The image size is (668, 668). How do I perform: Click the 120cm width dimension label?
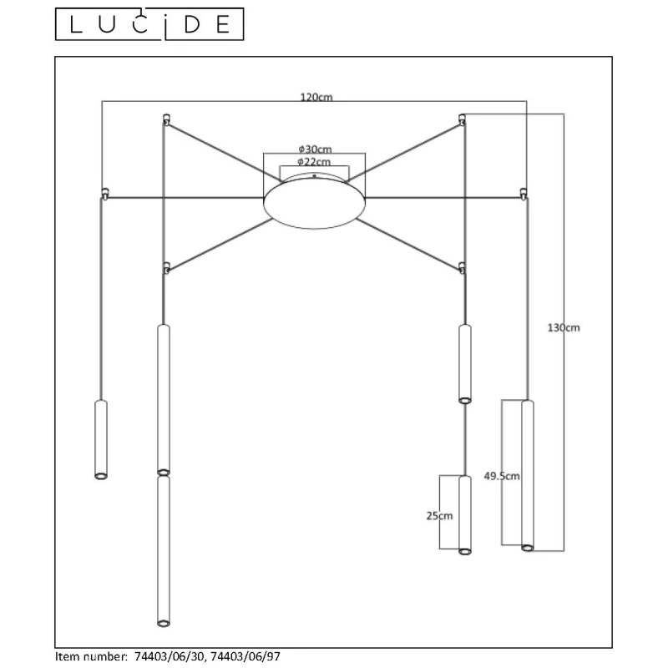click(x=316, y=97)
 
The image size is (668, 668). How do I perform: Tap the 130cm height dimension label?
click(x=564, y=327)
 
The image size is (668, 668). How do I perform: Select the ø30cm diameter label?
click(x=315, y=149)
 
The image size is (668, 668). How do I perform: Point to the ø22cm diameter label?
click(x=314, y=162)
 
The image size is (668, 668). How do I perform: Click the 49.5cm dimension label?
click(x=502, y=476)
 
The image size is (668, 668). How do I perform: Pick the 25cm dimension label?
click(x=440, y=516)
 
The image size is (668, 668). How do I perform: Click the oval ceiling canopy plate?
click(x=315, y=204)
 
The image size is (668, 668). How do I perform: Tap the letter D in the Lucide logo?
click(x=192, y=25)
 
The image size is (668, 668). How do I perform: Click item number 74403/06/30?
click(x=170, y=656)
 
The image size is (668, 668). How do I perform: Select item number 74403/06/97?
click(x=245, y=656)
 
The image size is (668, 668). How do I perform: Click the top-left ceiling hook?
click(x=166, y=119)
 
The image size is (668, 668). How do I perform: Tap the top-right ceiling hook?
click(x=463, y=119)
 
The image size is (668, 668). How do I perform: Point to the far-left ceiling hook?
click(x=105, y=194)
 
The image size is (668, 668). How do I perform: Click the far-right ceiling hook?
click(x=524, y=194)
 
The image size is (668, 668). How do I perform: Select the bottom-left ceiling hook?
click(x=166, y=268)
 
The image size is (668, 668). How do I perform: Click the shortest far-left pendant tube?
click(x=101, y=440)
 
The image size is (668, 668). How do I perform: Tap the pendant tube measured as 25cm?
click(x=465, y=514)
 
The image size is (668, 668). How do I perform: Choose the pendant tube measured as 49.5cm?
click(x=528, y=475)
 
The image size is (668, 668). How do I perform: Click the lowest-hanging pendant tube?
click(x=164, y=551)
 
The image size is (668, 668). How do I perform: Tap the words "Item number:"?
click(x=92, y=656)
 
